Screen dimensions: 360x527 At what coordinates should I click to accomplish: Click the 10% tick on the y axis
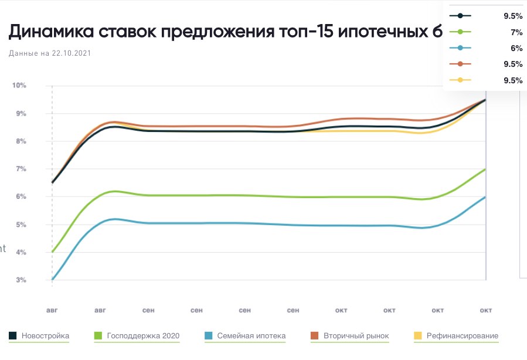[x=19, y=86]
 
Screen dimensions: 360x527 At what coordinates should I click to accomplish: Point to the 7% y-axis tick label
[x=21, y=169]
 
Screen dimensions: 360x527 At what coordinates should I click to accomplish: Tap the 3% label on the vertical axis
[x=21, y=280]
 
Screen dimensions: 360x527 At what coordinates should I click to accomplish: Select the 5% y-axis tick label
[x=21, y=225]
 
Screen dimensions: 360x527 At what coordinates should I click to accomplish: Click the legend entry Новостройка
[x=45, y=336]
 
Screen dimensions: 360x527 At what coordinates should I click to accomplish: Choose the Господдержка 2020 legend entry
[x=143, y=336]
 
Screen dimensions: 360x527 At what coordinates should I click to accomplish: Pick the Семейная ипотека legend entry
[x=251, y=336]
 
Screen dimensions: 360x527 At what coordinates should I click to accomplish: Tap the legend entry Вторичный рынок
[x=357, y=336]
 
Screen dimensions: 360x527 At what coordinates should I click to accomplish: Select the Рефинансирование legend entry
[x=462, y=336]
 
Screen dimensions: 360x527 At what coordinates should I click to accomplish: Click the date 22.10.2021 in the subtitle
[x=72, y=53]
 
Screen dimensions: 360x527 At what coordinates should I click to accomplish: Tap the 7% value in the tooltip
[x=516, y=32]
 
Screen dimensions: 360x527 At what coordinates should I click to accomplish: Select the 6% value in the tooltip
[x=516, y=48]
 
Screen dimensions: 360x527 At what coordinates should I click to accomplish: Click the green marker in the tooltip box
[x=460, y=32]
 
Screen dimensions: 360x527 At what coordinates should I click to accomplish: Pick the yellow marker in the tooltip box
[x=460, y=80]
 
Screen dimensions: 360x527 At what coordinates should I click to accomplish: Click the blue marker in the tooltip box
[x=460, y=48]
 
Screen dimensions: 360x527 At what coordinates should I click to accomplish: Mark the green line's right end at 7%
[x=485, y=169]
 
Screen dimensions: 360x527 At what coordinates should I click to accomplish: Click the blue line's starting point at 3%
[x=52, y=280]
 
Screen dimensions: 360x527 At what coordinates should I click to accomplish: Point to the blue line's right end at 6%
[x=485, y=197]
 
